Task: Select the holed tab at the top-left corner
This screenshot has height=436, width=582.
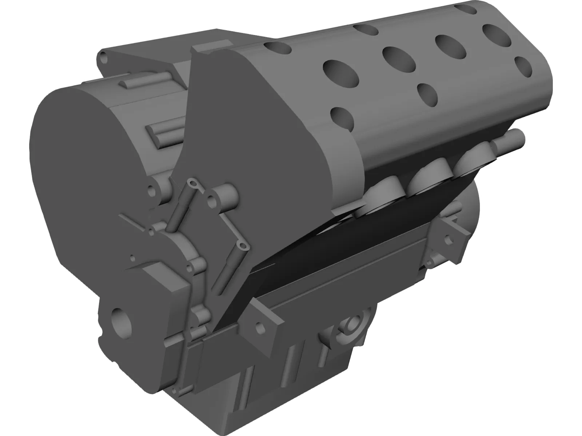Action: point(105,58)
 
